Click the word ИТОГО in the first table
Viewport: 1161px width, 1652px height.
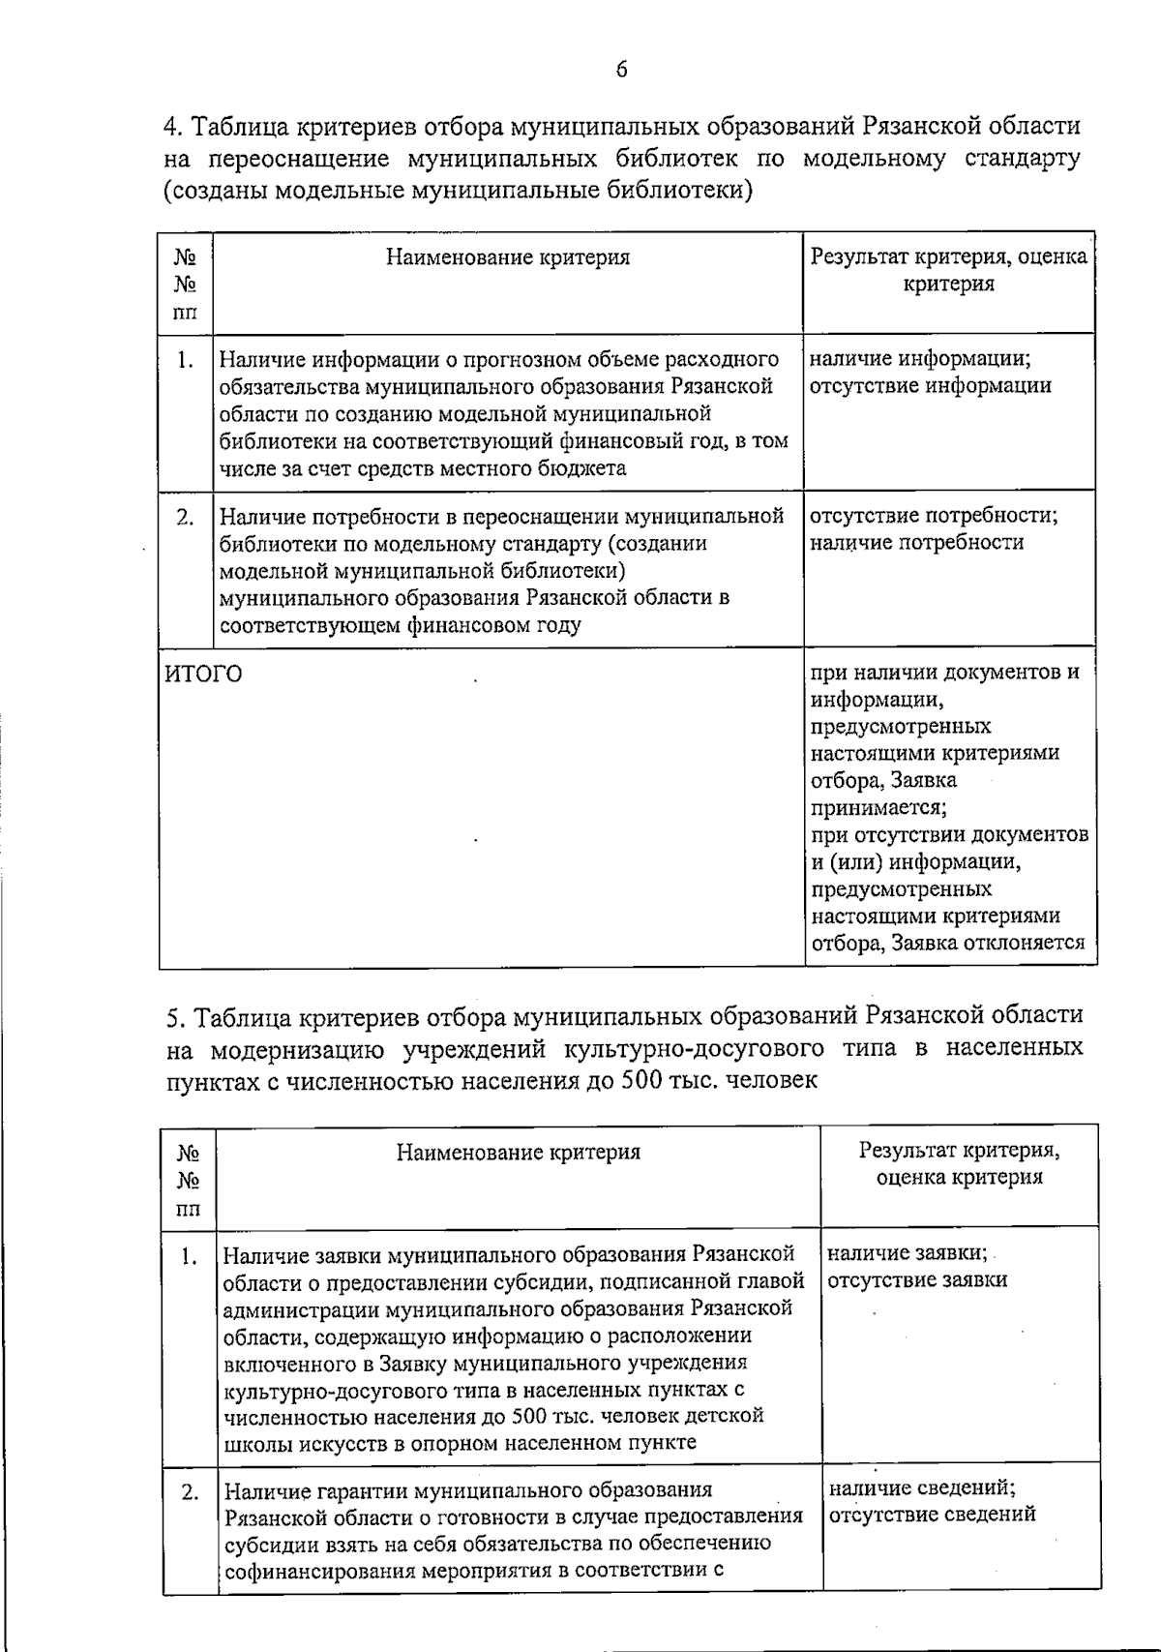203,674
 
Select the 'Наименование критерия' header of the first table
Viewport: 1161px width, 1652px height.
508,257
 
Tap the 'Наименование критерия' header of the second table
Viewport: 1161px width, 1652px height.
519,1152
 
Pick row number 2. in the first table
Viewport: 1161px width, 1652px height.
186,517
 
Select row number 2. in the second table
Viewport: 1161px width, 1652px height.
190,1491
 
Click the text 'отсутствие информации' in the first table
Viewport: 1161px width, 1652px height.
930,386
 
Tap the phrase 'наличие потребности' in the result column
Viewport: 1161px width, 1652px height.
916,543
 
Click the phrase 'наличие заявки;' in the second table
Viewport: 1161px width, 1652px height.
908,1253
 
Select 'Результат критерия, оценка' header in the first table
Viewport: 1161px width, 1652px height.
948,257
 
